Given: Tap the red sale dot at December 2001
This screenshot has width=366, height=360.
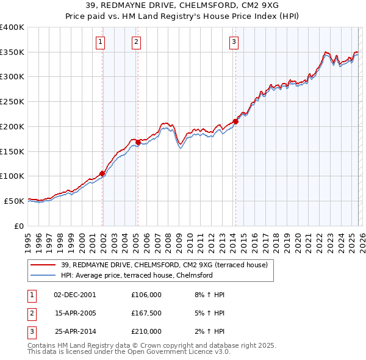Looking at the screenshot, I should point(102,173).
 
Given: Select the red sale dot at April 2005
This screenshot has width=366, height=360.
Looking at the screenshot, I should point(138,143).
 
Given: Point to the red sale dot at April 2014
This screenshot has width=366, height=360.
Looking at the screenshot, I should point(235,121).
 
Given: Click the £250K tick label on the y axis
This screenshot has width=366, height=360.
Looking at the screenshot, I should point(12,102).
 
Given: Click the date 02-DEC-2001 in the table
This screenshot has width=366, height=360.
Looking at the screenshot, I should point(75,295).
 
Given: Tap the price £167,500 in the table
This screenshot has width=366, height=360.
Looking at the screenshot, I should point(146,313).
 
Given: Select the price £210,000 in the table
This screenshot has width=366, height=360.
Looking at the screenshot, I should point(146,331).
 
